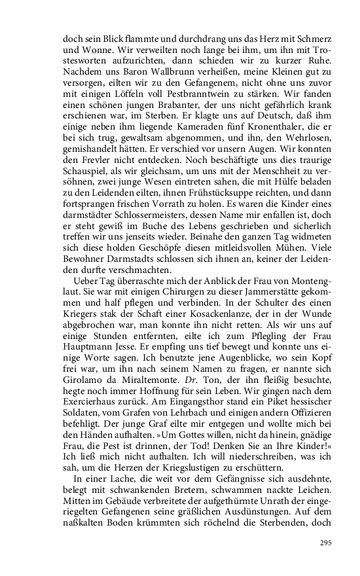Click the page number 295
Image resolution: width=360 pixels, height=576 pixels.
coord(325,543)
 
